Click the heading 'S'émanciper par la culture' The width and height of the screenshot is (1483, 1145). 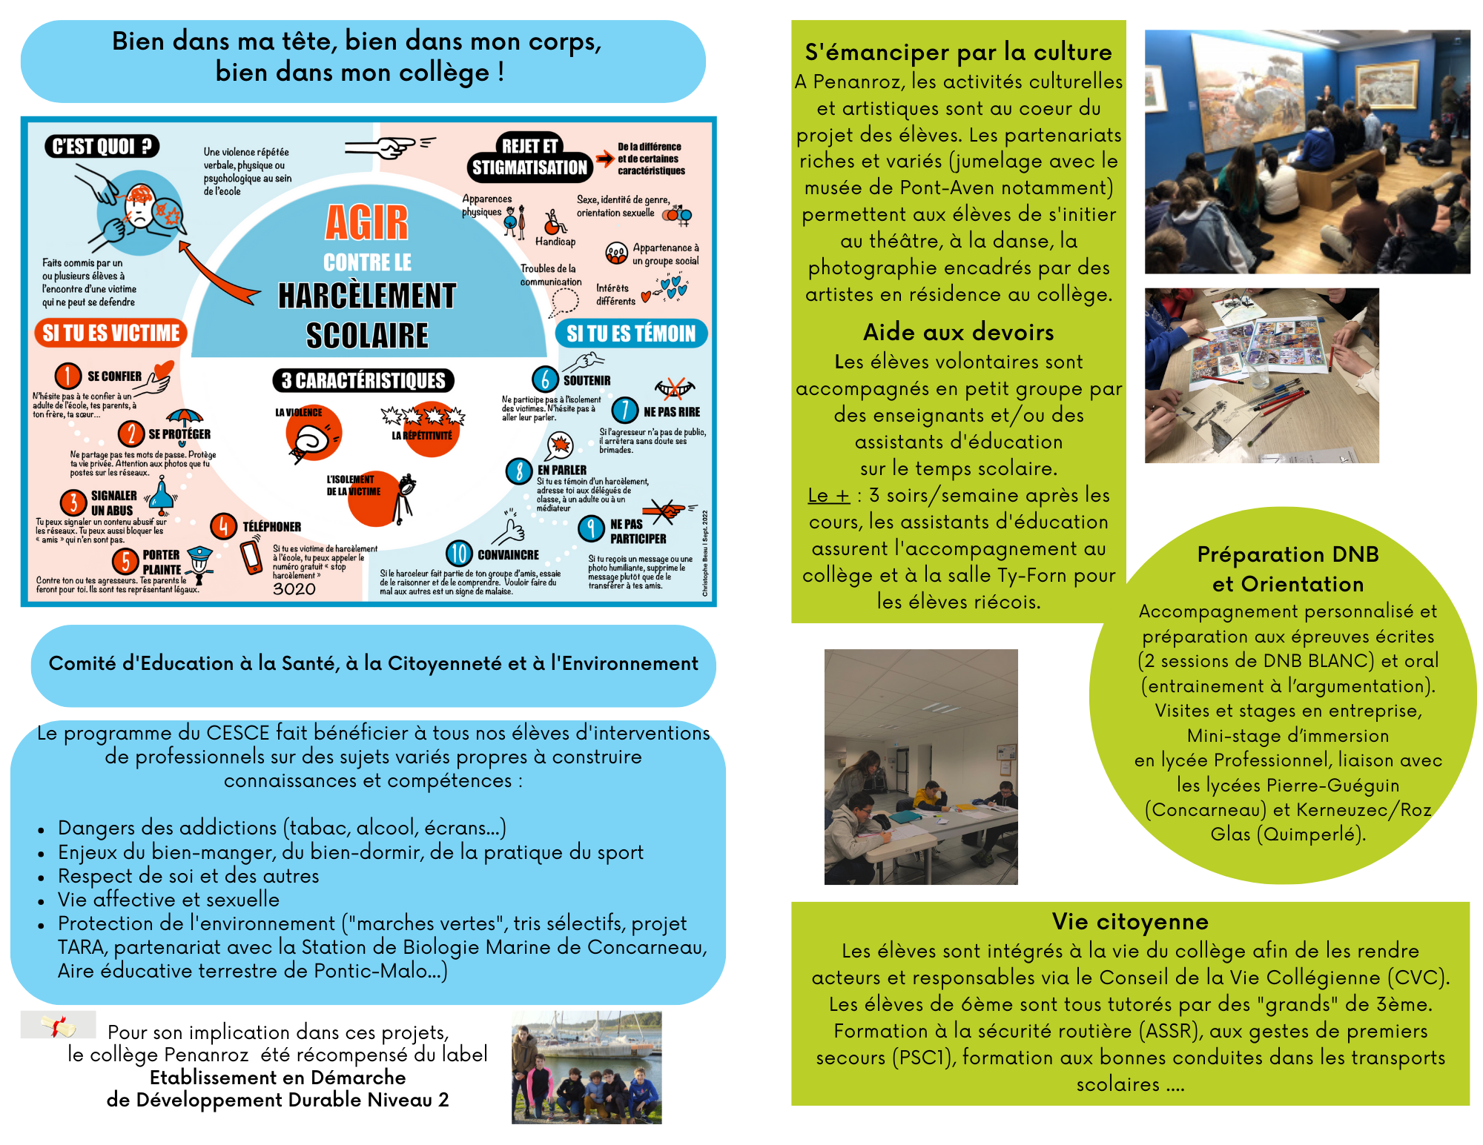pyautogui.click(x=958, y=52)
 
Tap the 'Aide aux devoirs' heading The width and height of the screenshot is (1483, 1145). pyautogui.click(x=958, y=332)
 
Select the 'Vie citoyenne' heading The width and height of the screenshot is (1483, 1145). pyautogui.click(x=1130, y=921)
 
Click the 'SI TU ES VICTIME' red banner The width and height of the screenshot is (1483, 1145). pyautogui.click(x=110, y=333)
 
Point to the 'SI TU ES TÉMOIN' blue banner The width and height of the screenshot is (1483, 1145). pyautogui.click(x=631, y=333)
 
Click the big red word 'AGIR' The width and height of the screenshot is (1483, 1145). pyautogui.click(x=367, y=222)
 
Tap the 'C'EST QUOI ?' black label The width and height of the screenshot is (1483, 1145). pyautogui.click(x=102, y=146)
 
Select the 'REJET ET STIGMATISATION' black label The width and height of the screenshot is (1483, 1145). pyautogui.click(x=529, y=158)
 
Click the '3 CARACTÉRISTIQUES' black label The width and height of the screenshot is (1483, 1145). pyautogui.click(x=363, y=381)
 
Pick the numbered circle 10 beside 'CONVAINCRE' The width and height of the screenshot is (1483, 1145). pyautogui.click(x=459, y=554)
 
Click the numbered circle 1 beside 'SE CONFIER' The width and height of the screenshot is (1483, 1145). pyautogui.click(x=67, y=376)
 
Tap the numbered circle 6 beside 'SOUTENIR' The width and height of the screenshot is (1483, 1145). pyautogui.click(x=545, y=379)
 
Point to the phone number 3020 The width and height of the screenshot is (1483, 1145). pyautogui.click(x=294, y=589)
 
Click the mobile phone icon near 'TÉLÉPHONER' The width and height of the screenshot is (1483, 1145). pyautogui.click(x=251, y=558)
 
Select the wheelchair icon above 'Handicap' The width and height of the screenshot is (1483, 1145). pyautogui.click(x=555, y=222)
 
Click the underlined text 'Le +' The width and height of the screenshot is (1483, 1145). pyautogui.click(x=829, y=495)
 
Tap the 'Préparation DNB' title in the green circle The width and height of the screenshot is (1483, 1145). pyautogui.click(x=1288, y=554)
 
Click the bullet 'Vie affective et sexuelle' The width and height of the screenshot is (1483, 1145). pyautogui.click(x=169, y=900)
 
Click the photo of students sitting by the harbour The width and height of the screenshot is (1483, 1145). pyautogui.click(x=587, y=1067)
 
